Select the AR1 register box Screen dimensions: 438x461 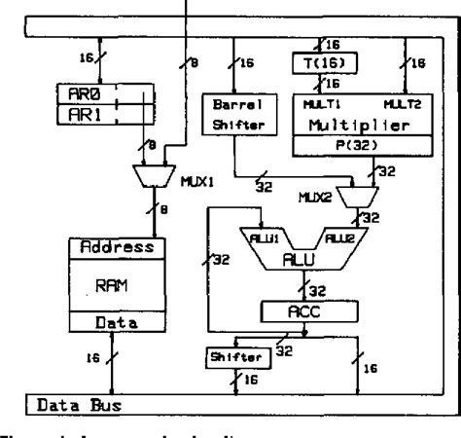(x=87, y=115)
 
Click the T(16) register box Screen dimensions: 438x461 (x=322, y=63)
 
